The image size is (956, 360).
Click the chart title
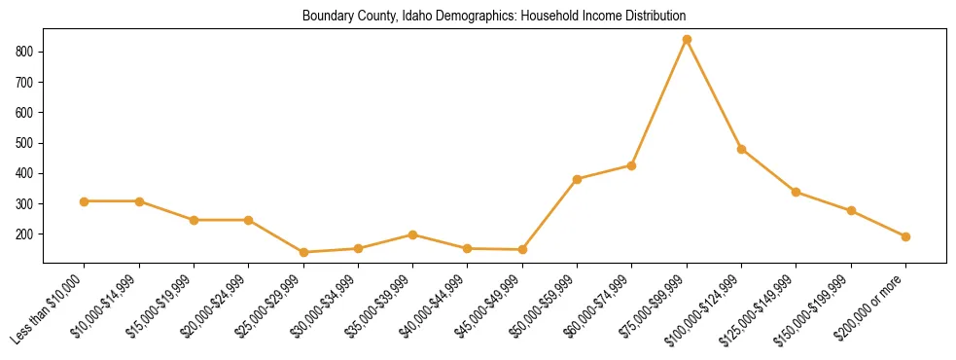point(494,16)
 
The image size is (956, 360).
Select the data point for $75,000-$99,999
point(687,39)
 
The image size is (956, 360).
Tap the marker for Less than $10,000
point(85,201)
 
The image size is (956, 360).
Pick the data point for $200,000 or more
point(905,236)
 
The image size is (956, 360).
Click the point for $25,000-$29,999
point(303,252)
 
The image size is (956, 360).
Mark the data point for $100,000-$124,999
point(741,149)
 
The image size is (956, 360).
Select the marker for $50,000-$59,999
point(577,179)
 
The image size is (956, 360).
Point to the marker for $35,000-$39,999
point(413,234)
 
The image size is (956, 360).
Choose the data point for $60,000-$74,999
point(632,165)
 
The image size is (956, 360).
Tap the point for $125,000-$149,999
point(797,192)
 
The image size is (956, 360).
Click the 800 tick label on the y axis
point(28,51)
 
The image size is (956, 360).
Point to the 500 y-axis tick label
point(28,143)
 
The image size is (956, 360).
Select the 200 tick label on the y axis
point(28,234)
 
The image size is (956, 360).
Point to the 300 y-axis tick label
point(28,203)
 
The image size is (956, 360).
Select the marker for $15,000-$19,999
point(194,220)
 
